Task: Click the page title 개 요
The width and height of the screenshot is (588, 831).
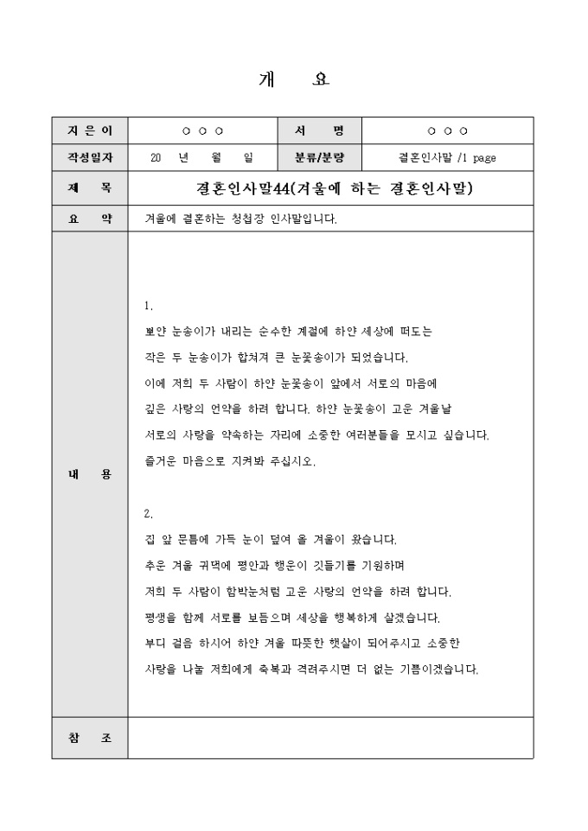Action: click(x=294, y=80)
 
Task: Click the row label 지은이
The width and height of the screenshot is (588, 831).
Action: click(x=89, y=130)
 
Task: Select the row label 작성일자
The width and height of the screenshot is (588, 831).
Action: click(x=89, y=158)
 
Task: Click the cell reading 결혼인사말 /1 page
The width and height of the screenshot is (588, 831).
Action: click(x=446, y=158)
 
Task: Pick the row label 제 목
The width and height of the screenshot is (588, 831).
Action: click(x=89, y=187)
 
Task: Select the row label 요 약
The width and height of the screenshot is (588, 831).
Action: click(x=89, y=219)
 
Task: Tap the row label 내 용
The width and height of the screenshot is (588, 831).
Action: click(x=89, y=474)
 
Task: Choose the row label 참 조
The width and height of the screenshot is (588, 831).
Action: click(x=89, y=738)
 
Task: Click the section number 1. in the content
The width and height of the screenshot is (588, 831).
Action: click(x=149, y=306)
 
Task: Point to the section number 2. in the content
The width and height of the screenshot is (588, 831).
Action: click(x=149, y=514)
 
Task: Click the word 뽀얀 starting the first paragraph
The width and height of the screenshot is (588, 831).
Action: click(x=156, y=331)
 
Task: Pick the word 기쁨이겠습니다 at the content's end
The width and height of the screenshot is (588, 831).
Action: click(x=438, y=669)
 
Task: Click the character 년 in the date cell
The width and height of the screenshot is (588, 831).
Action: click(x=182, y=158)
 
